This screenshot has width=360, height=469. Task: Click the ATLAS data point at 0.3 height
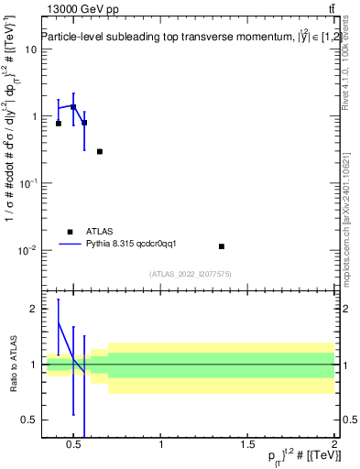coord(99,151)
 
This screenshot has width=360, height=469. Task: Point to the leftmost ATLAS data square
coord(59,123)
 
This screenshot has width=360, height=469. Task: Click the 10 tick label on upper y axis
coord(30,49)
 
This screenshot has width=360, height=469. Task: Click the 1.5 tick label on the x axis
coord(248,446)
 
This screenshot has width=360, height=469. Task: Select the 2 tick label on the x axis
coord(334,446)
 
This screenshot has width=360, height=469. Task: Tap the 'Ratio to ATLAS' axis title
coord(13,365)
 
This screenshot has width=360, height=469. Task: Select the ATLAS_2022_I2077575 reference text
coord(190,274)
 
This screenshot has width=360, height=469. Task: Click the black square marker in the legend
coord(70,232)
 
